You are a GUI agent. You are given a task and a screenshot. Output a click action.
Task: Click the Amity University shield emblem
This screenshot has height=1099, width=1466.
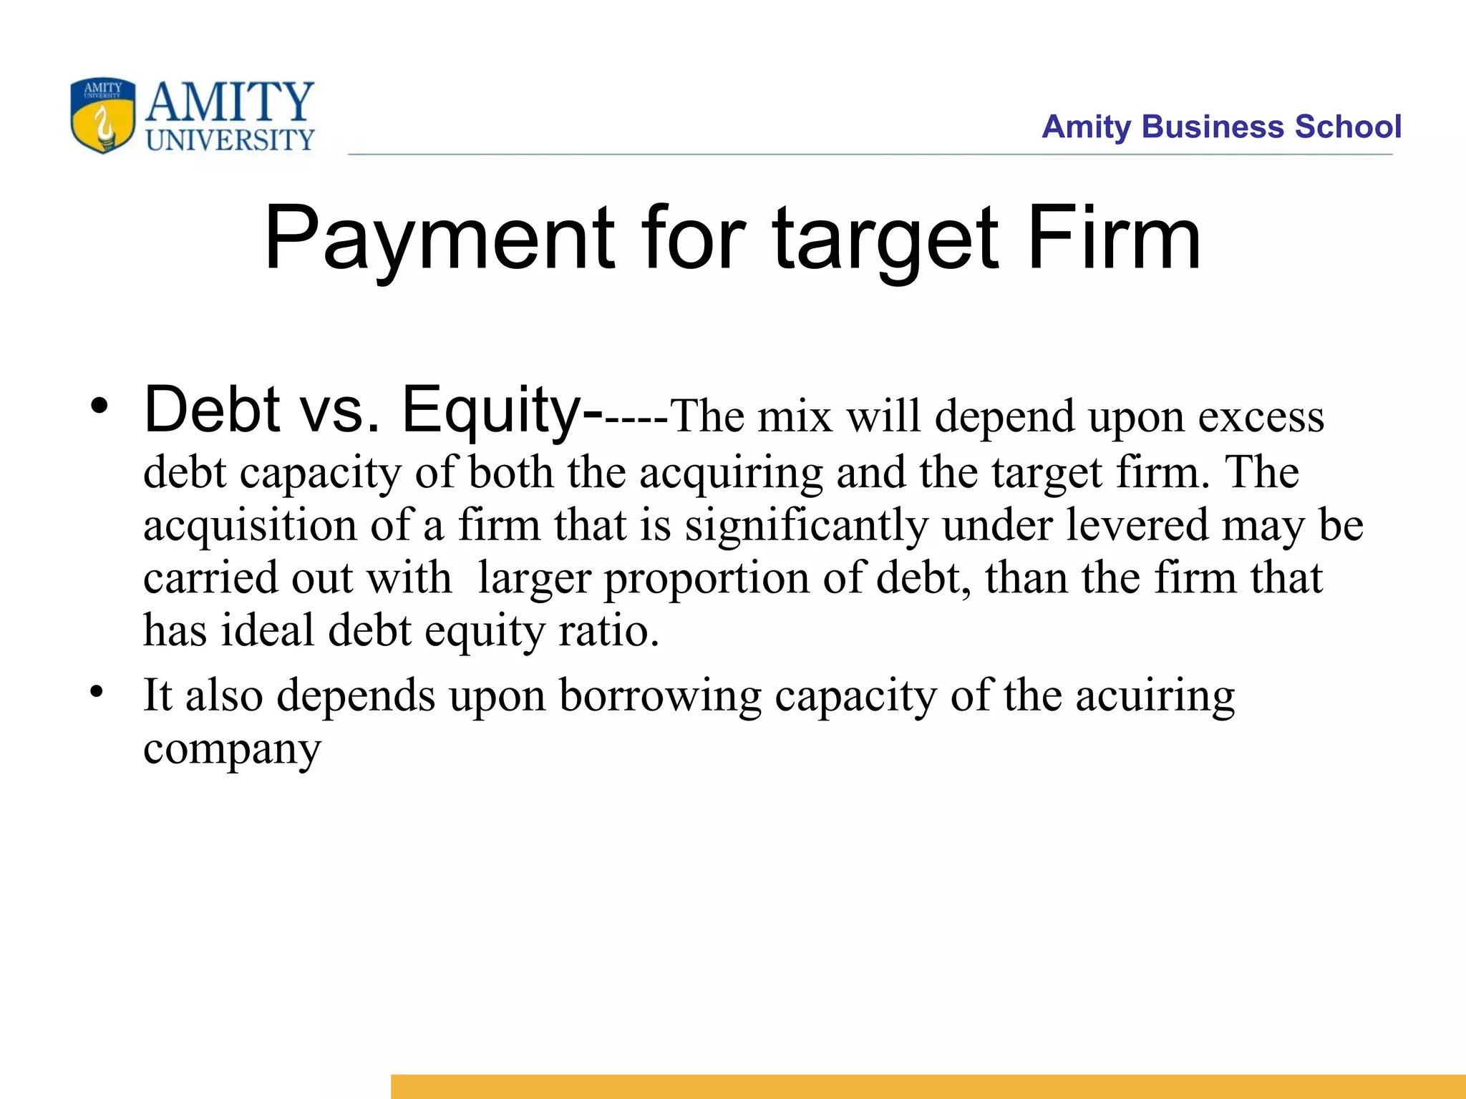click(x=102, y=115)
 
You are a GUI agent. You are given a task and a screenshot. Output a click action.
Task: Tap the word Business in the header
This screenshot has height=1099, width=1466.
click(x=1214, y=127)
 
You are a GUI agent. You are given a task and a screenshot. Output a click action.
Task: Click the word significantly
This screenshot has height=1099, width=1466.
click(x=806, y=526)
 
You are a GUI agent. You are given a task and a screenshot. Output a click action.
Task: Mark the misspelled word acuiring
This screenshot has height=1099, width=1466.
click(x=1155, y=696)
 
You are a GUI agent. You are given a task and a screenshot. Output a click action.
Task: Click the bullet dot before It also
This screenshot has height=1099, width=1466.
click(x=97, y=693)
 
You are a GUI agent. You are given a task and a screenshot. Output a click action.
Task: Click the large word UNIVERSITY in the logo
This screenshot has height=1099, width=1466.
click(x=230, y=140)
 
